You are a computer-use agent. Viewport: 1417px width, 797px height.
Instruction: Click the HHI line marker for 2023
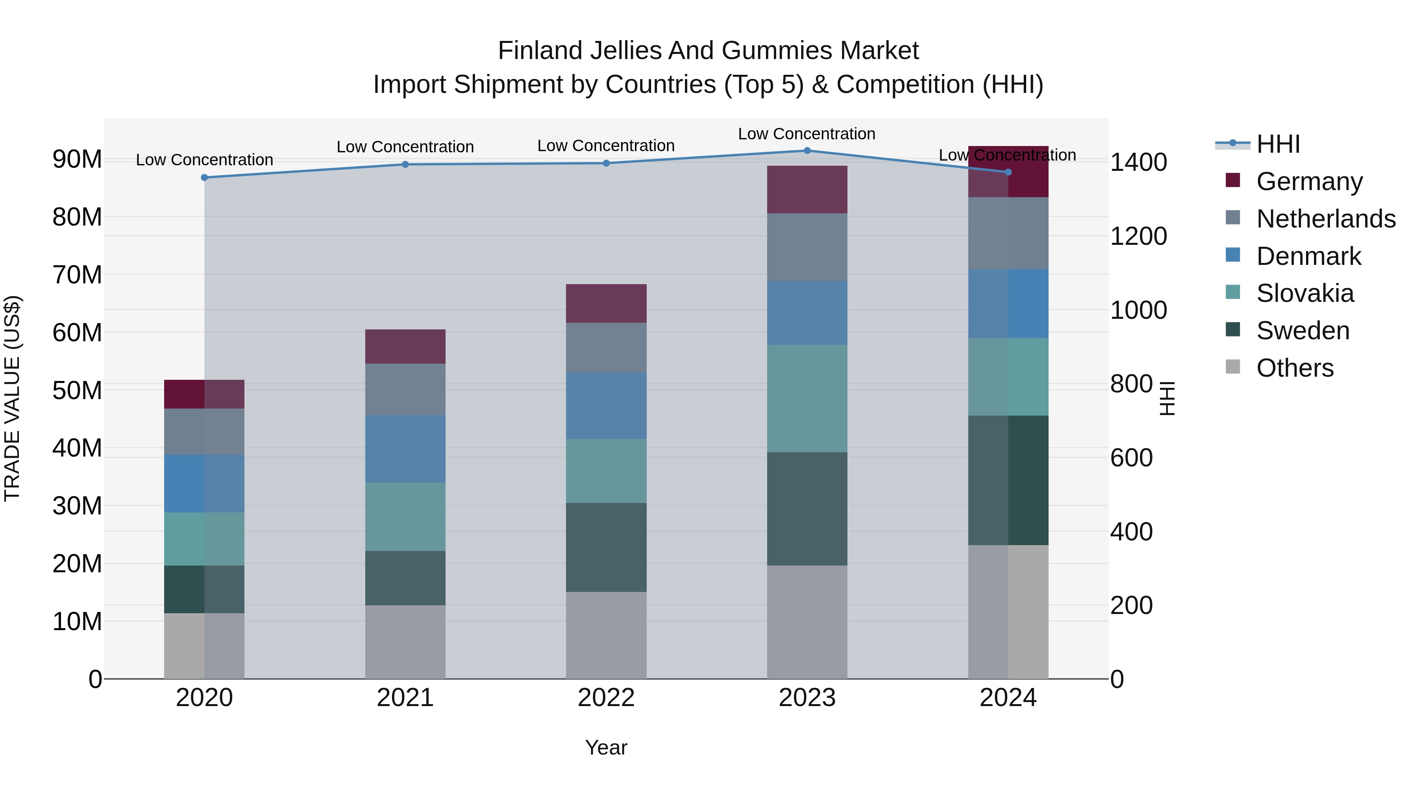pos(807,151)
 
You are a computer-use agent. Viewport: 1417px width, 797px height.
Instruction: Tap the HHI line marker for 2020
pos(205,178)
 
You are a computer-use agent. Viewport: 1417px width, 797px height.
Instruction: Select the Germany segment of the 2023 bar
pos(807,189)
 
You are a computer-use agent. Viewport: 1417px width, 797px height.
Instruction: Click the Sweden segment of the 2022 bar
pos(606,547)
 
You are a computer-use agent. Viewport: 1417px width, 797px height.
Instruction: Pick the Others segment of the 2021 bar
pos(405,642)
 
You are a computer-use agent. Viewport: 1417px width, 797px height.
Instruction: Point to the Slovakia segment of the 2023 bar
pos(807,398)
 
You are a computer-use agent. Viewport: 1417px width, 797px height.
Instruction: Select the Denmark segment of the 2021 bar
pos(405,449)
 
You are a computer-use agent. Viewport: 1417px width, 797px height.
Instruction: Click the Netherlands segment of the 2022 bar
pos(606,348)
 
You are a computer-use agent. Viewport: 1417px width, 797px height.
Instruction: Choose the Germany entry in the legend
pos(1309,181)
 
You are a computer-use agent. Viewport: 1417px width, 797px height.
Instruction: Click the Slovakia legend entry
pos(1305,293)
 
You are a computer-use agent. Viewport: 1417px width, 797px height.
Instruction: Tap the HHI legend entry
pos(1278,144)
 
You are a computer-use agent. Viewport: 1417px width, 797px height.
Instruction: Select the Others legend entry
pos(1295,368)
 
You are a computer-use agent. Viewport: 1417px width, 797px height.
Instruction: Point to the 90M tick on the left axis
pos(77,159)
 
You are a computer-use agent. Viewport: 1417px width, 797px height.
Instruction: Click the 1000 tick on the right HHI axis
pos(1138,310)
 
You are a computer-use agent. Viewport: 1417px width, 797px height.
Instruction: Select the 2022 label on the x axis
pos(606,698)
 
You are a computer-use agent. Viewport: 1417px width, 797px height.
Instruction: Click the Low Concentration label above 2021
pos(405,147)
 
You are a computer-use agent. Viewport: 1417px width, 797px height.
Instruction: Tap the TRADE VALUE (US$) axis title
pos(12,398)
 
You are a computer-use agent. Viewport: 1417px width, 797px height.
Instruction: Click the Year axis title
pos(606,747)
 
